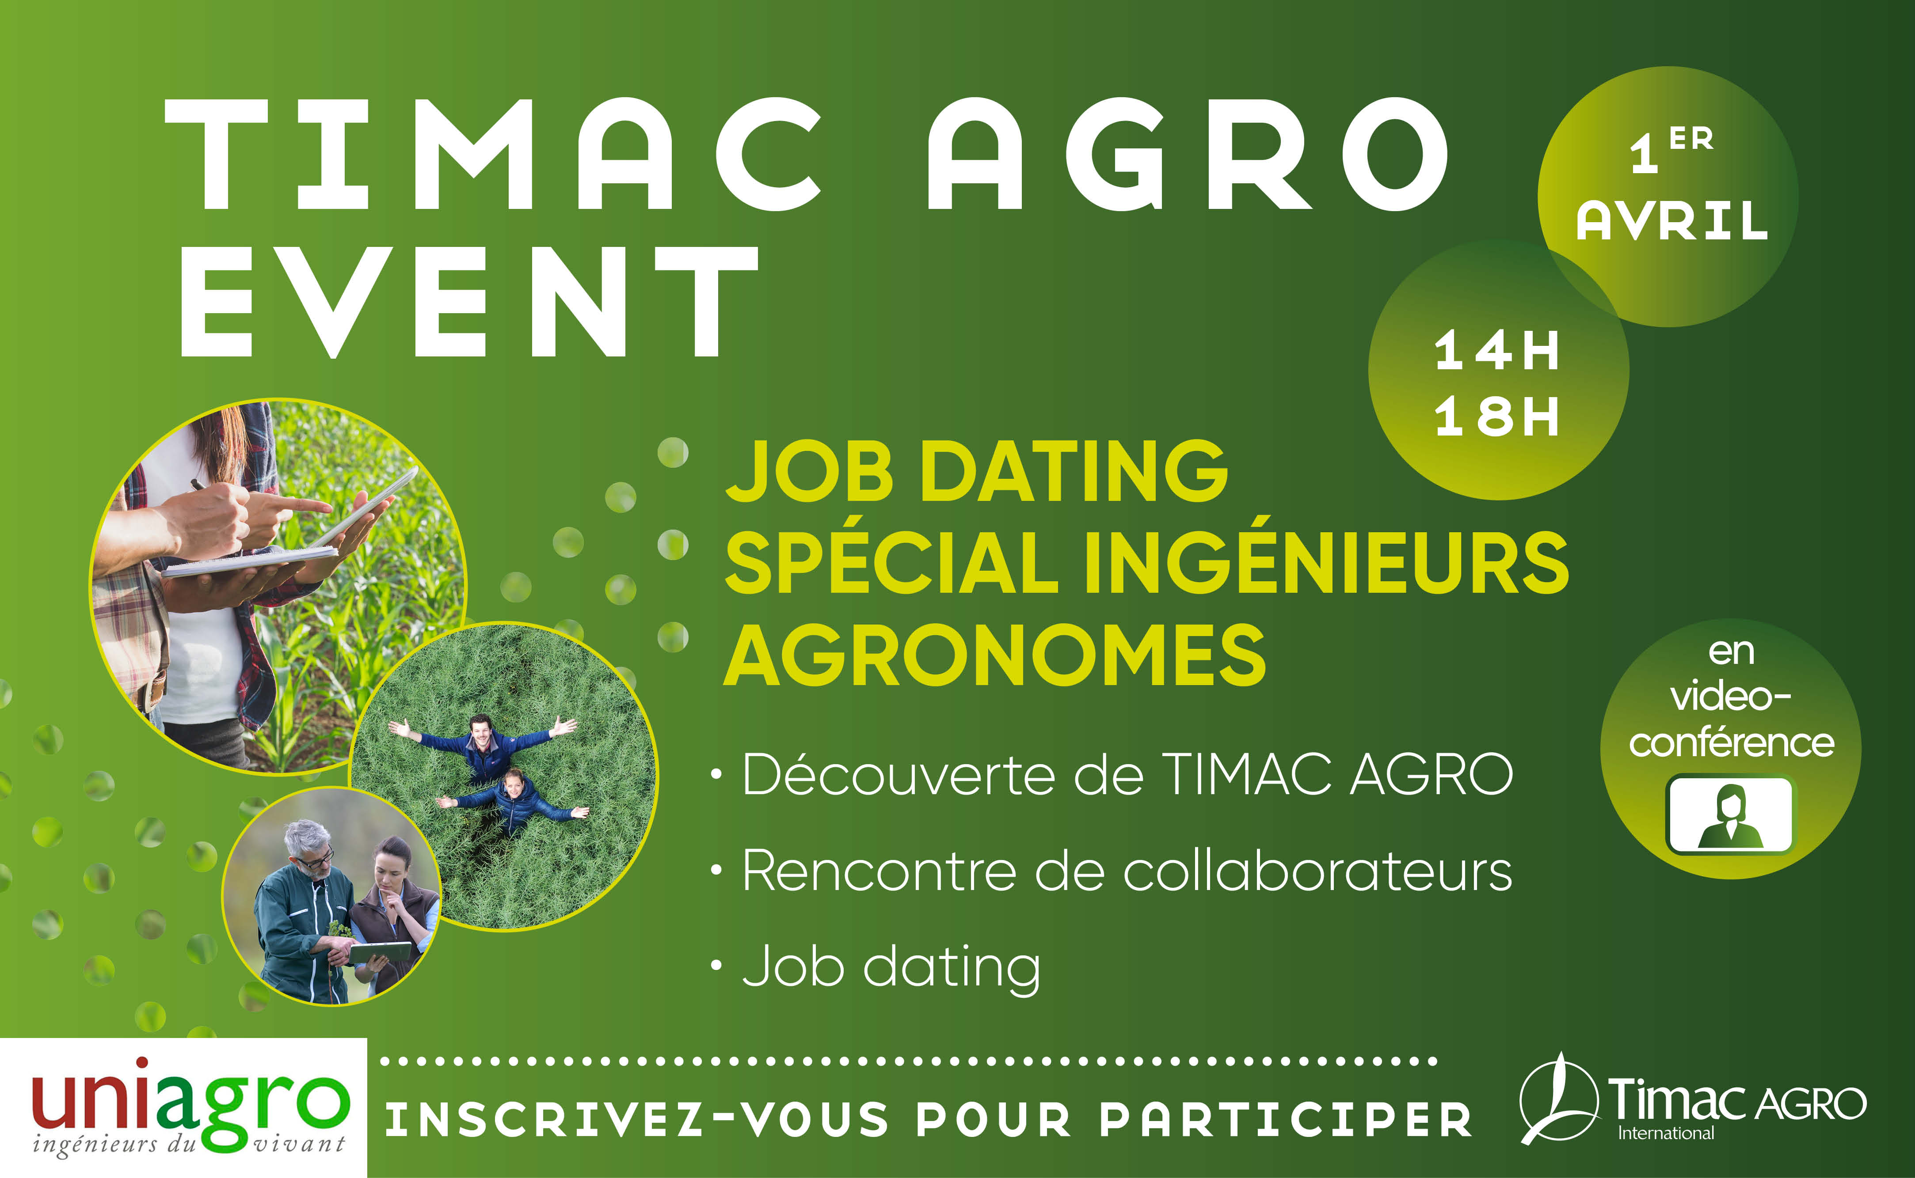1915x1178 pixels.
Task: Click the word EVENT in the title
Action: coord(469,302)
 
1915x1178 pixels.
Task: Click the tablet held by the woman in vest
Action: coord(380,952)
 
